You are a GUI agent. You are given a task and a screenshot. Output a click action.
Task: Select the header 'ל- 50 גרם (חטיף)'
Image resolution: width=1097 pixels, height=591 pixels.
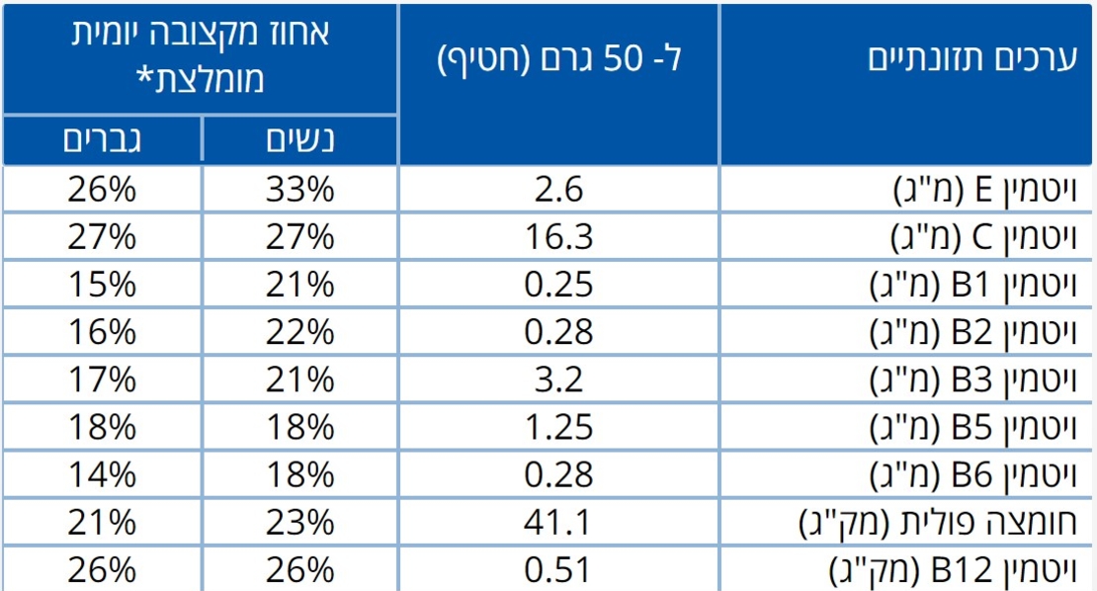click(x=559, y=59)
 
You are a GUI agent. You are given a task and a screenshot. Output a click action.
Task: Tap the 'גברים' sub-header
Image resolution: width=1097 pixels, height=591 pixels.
click(x=101, y=140)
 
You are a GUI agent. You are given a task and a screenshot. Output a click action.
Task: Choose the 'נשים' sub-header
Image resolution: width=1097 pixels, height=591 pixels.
click(x=300, y=140)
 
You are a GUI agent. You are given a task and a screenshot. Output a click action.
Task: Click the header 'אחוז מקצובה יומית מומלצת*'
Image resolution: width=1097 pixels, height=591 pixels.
click(x=201, y=55)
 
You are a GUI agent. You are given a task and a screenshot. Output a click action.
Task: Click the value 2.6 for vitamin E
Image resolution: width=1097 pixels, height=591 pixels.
click(x=559, y=190)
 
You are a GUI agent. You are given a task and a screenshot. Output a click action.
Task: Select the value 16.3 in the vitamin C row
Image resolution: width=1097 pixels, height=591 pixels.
click(x=559, y=237)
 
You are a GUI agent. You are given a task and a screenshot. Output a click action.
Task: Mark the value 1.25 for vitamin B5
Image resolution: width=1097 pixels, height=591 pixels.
click(x=559, y=427)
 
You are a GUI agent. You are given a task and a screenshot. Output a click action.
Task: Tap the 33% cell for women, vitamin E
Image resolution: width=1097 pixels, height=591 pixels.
click(x=300, y=190)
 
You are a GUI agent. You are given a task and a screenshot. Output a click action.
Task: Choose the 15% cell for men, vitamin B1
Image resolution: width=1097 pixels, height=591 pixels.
click(x=101, y=285)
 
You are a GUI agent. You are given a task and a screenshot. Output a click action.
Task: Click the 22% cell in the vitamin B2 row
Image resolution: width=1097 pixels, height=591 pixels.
click(x=300, y=332)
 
